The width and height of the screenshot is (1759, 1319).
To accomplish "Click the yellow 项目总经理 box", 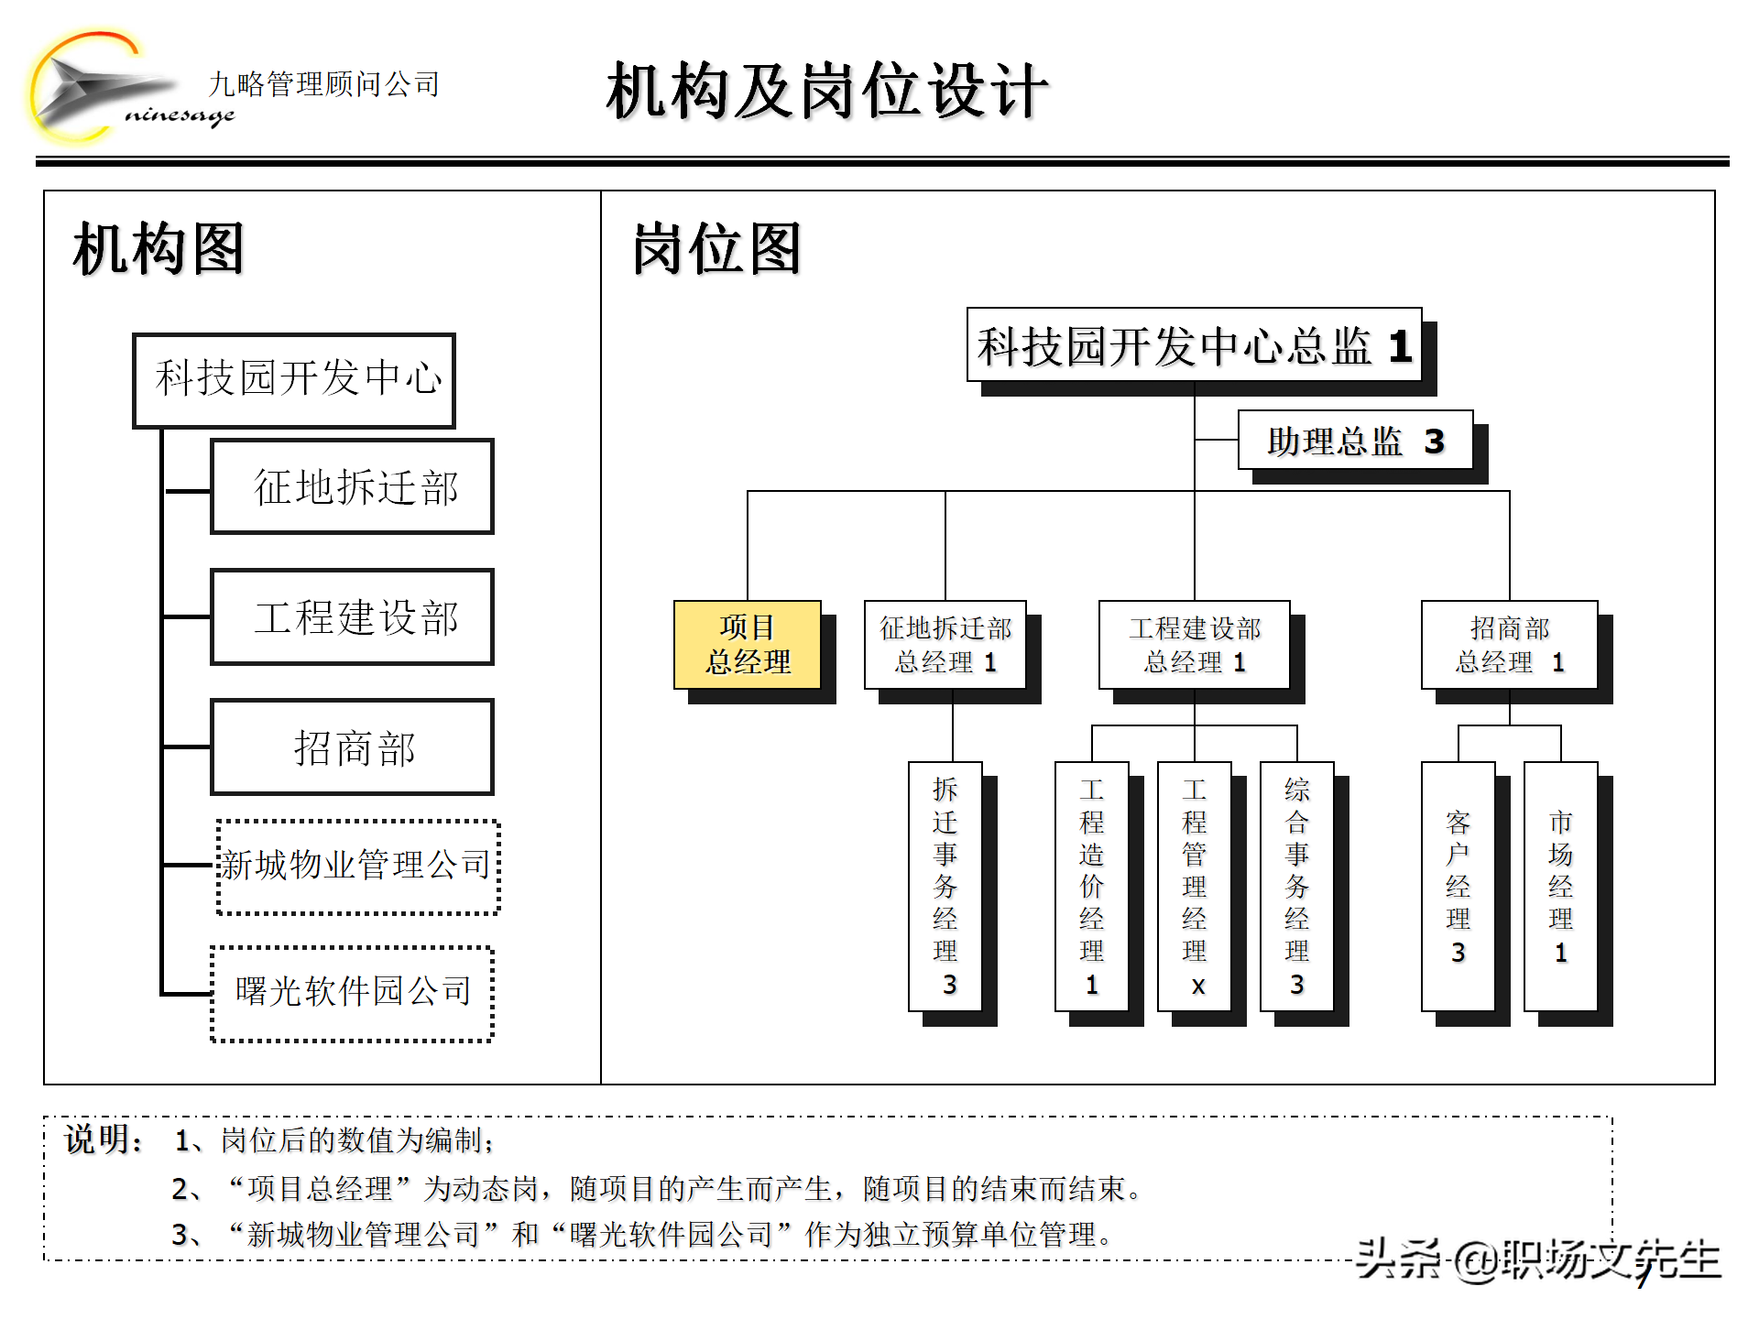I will tap(747, 645).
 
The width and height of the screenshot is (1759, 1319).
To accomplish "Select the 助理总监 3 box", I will tap(1354, 441).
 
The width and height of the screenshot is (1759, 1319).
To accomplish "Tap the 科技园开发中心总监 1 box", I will tap(1194, 345).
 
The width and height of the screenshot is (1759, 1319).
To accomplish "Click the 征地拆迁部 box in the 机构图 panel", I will tap(352, 486).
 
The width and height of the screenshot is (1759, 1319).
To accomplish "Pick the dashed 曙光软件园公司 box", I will tap(353, 993).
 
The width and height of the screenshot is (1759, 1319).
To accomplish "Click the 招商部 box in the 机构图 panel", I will tap(352, 747).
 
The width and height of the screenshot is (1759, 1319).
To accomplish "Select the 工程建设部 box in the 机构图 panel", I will tap(352, 616).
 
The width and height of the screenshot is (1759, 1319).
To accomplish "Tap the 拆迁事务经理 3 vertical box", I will tap(945, 886).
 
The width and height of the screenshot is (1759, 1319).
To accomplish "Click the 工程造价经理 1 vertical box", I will tap(1091, 886).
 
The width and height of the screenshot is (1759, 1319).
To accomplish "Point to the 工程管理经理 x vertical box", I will tap(1194, 886).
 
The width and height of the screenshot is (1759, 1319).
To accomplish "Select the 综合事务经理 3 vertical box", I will tap(1296, 886).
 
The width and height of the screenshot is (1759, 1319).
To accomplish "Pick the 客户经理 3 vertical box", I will tap(1458, 886).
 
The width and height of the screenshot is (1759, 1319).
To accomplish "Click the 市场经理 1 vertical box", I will tap(1560, 886).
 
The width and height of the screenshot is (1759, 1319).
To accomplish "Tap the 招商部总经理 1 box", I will tap(1509, 645).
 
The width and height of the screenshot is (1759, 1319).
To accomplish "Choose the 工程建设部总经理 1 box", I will tap(1194, 645).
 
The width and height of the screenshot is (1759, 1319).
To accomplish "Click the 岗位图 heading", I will tap(716, 248).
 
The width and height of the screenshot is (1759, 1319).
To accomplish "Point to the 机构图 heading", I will tap(158, 248).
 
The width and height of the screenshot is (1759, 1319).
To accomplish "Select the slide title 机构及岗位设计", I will tap(826, 91).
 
